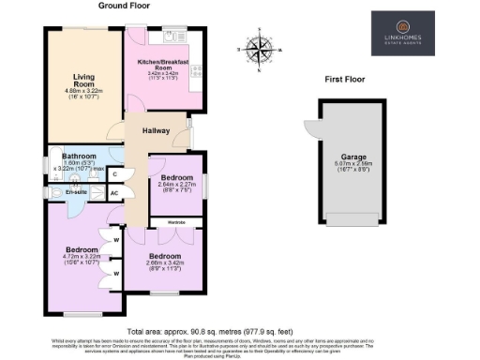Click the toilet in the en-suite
(53, 193)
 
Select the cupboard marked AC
(114, 193)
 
